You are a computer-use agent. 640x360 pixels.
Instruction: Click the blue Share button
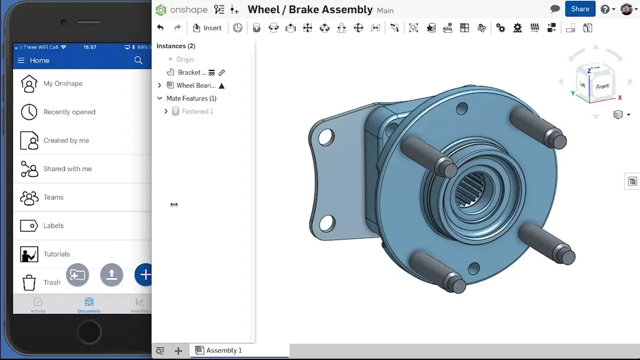click(580, 9)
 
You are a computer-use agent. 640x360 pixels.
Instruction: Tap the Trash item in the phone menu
click(51, 282)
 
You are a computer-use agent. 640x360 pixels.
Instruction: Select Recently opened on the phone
click(69, 112)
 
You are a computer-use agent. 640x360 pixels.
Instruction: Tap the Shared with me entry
click(67, 169)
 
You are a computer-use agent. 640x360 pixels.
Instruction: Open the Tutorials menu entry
click(56, 254)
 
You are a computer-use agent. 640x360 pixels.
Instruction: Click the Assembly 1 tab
click(223, 350)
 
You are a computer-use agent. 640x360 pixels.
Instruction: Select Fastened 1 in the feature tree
click(197, 111)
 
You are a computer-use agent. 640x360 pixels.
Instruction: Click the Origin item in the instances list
click(184, 59)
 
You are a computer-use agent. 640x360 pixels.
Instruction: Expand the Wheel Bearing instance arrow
click(159, 85)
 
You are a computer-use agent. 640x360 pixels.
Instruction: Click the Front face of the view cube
click(602, 86)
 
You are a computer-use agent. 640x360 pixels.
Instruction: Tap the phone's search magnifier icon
click(138, 60)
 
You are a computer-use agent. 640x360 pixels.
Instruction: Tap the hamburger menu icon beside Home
click(20, 60)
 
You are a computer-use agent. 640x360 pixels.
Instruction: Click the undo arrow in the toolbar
click(160, 28)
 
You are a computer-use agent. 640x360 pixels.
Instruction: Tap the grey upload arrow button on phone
click(111, 274)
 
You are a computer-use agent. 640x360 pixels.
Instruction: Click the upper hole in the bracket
click(325, 137)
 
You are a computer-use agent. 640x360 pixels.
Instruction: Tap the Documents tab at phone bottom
click(88, 304)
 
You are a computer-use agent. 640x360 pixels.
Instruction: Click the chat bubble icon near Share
click(555, 9)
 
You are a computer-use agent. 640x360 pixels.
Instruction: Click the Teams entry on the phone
click(53, 197)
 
